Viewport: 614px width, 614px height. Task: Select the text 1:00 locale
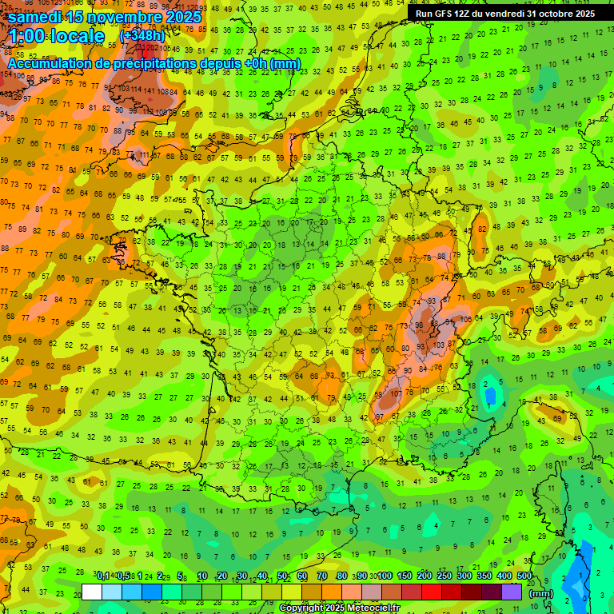57,36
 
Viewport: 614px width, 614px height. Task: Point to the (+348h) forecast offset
142,36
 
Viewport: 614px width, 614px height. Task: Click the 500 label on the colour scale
524,576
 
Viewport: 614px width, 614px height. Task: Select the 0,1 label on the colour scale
103,576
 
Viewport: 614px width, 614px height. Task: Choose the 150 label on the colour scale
405,576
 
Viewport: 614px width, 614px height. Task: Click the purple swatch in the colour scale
512,592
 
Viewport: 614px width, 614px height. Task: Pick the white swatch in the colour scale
92,592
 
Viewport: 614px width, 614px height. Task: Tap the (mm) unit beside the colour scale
541,593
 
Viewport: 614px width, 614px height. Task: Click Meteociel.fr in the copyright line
368,608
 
